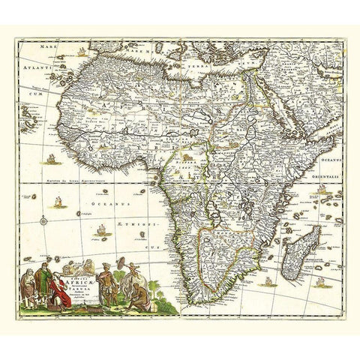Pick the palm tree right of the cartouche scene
coord(158,289)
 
